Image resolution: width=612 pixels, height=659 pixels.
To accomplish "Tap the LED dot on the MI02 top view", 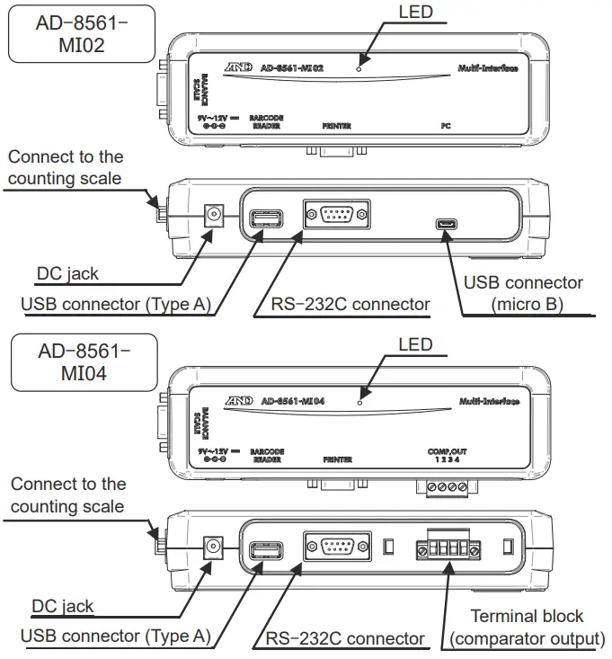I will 359,67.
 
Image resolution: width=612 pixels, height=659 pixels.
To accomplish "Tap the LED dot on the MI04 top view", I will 359,401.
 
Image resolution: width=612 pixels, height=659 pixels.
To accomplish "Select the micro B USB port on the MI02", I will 445,223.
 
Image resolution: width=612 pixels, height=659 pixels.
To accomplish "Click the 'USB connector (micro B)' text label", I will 523,293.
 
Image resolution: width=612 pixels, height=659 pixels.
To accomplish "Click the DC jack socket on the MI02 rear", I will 215,215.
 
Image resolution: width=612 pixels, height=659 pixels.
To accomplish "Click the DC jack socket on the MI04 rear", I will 215,546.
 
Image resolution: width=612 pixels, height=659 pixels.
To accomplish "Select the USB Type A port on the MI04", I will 266,549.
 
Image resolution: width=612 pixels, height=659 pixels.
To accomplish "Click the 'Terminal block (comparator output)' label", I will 528,628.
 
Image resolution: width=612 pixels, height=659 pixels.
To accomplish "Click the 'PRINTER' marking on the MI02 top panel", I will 337,127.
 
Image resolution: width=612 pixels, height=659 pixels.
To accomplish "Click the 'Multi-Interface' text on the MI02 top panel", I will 486,68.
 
